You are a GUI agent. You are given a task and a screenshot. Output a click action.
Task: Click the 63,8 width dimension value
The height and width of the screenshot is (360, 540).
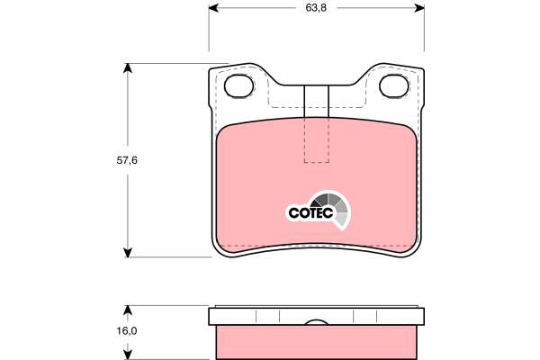[x=316, y=7]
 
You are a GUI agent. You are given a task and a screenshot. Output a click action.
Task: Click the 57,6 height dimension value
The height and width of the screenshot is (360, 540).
[x=127, y=160]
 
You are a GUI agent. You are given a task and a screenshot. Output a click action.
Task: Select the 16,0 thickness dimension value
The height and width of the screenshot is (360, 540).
[x=127, y=330]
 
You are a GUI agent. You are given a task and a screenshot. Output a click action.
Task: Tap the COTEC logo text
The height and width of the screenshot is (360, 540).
[x=310, y=212]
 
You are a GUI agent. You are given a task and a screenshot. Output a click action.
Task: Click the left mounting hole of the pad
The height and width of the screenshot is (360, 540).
[x=239, y=85]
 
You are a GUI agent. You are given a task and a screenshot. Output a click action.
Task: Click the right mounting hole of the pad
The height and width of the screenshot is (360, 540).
[x=394, y=85]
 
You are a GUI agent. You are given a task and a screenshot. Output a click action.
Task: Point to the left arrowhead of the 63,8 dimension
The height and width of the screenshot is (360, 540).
[x=214, y=7]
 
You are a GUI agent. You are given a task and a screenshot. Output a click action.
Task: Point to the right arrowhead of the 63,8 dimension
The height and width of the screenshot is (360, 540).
[x=419, y=7]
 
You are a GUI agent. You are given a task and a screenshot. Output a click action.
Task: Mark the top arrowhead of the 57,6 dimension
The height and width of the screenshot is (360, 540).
[x=128, y=68]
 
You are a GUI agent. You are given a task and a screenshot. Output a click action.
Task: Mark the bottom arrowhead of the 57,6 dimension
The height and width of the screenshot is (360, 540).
[x=128, y=252]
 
